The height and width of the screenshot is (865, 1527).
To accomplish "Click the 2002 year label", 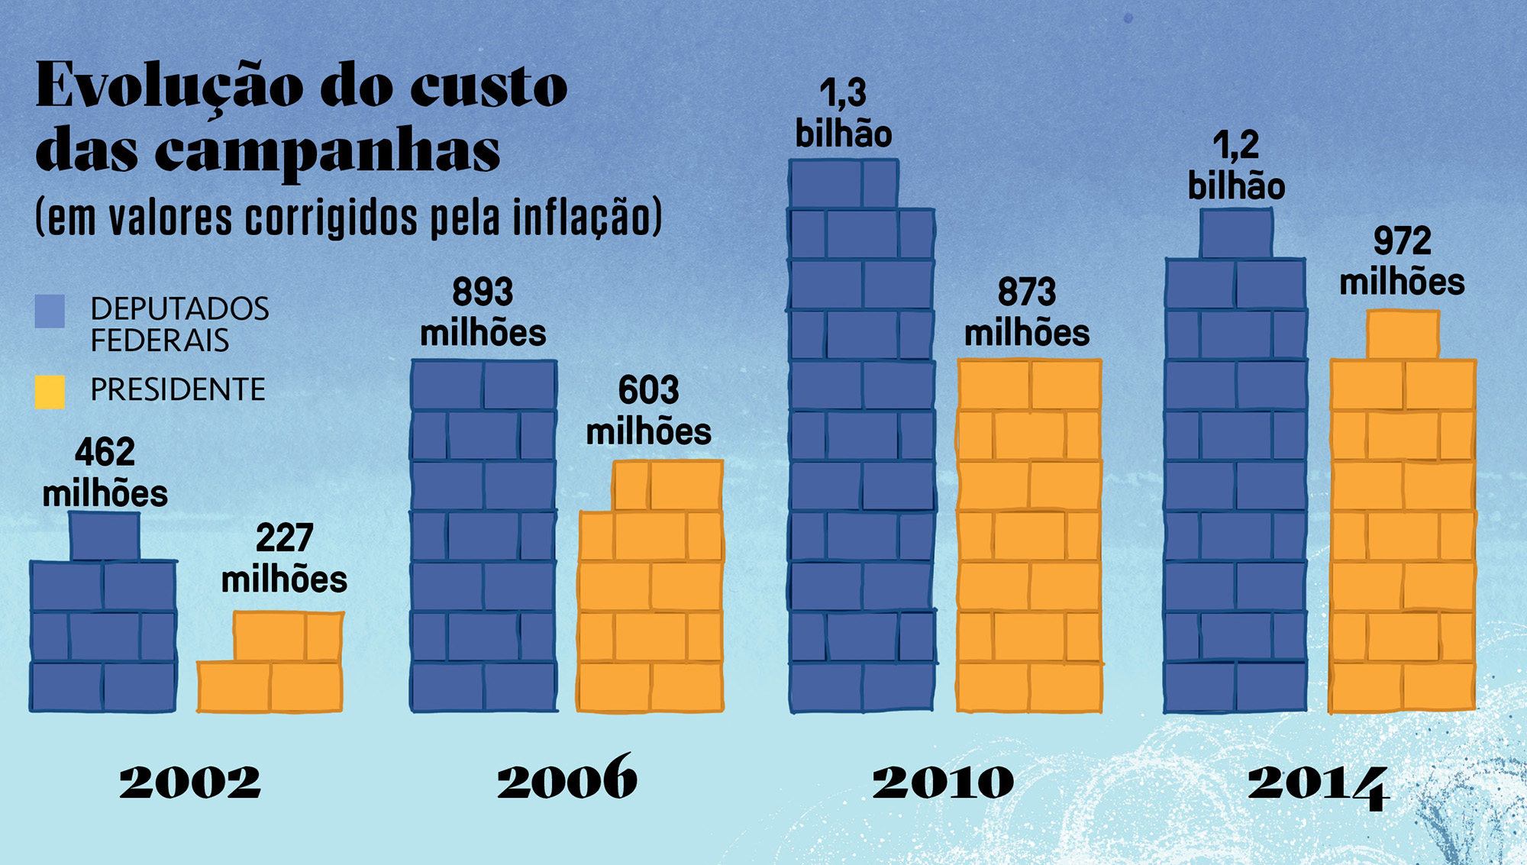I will point(190,782).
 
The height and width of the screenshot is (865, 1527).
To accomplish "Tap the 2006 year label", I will point(567,779).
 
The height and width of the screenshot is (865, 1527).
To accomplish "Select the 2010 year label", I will point(944,782).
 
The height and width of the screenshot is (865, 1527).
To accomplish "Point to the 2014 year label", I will point(1319,785).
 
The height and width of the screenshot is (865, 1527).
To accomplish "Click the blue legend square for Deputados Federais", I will point(50,311).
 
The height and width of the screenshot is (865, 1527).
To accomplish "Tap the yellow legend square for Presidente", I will point(50,391).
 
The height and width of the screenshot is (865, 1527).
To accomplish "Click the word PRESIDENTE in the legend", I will point(178,390).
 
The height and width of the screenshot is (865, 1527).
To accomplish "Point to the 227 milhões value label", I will point(284,559).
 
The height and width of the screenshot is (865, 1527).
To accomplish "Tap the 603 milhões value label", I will point(648,412).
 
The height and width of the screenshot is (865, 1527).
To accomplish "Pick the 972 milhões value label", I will point(1402,262).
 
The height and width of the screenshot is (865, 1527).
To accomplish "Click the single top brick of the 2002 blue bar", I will point(105,537).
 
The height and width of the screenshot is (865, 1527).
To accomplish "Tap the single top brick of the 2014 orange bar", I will point(1403,334).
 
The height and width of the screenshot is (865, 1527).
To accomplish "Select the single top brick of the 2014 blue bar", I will point(1236,234).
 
